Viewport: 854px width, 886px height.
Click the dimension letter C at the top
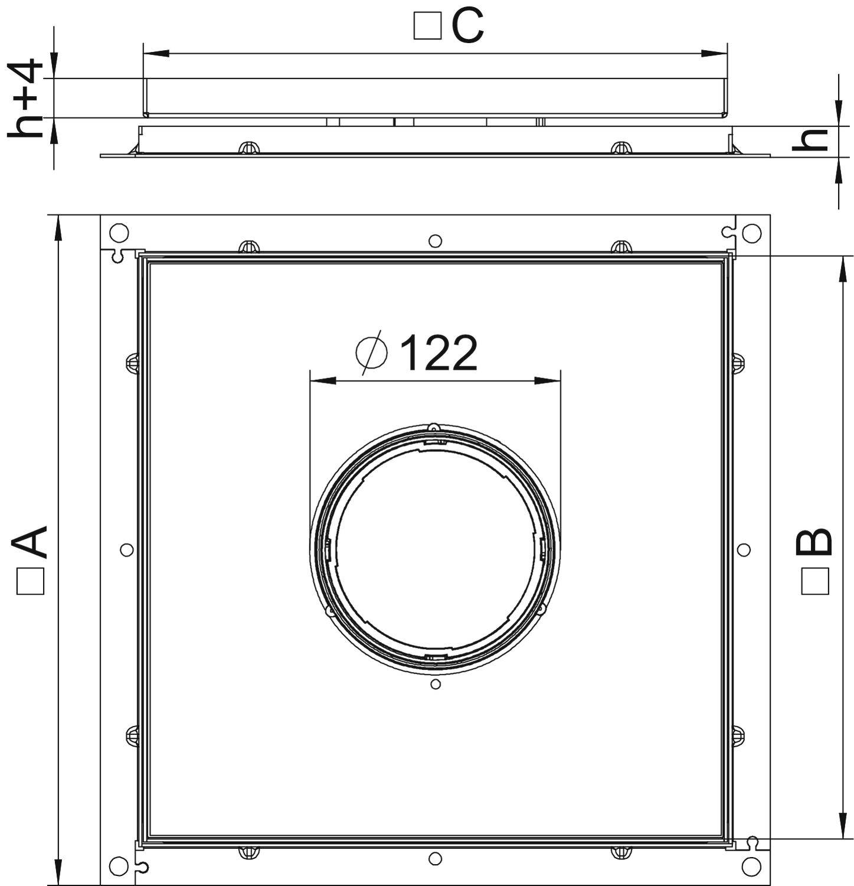(x=468, y=27)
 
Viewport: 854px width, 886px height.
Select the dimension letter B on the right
(x=814, y=542)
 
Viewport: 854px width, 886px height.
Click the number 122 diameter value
(x=439, y=354)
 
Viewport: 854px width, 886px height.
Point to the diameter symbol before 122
(x=372, y=353)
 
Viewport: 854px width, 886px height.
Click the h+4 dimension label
(x=26, y=98)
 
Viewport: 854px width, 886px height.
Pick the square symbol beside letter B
(x=816, y=581)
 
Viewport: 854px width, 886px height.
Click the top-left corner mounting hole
(x=119, y=233)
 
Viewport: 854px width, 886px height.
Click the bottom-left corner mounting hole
(x=119, y=866)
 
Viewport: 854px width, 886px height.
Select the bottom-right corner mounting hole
(x=751, y=867)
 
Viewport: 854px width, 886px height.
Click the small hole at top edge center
(x=435, y=240)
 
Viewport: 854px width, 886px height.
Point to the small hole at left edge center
(x=126, y=550)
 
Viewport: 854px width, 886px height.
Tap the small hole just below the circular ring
(x=436, y=684)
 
